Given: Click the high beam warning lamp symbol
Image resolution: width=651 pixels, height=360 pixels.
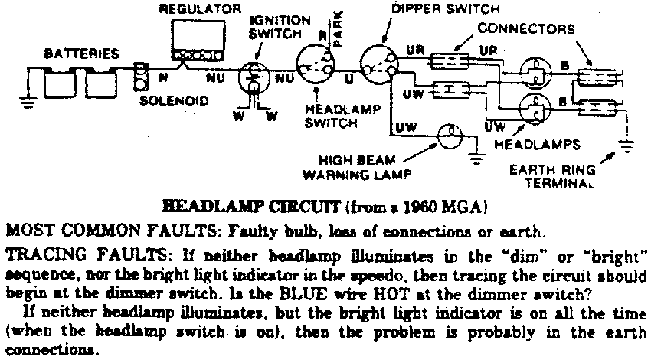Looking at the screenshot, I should [x=450, y=136].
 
